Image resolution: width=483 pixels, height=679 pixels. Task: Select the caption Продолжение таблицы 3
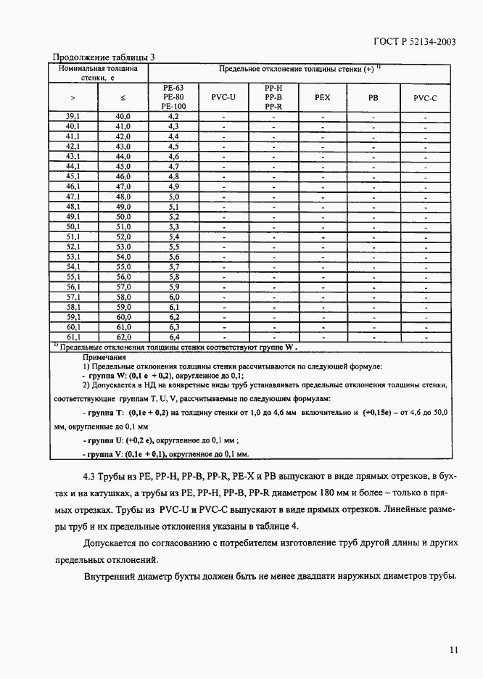(x=104, y=57)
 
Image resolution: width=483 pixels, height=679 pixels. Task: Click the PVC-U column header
(x=223, y=97)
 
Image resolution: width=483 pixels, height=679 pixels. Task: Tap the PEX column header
(x=322, y=97)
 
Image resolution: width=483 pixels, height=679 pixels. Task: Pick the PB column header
(x=373, y=97)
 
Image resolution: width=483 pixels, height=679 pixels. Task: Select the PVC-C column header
(x=425, y=97)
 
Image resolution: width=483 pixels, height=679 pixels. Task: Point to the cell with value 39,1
(x=73, y=116)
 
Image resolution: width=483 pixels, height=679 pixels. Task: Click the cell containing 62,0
(x=123, y=337)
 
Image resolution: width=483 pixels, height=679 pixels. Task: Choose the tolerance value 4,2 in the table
(x=173, y=116)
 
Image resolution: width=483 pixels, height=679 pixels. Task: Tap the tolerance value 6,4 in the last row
(x=173, y=337)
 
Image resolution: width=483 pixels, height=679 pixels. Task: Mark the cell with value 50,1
(x=73, y=226)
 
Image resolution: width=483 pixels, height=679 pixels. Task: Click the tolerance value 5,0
(x=173, y=197)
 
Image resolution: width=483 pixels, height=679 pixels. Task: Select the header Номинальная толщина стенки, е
(x=98, y=73)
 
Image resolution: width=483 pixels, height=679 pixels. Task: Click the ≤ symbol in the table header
(x=123, y=97)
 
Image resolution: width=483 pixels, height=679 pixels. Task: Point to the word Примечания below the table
(x=104, y=357)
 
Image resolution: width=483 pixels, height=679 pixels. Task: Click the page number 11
(x=452, y=650)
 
